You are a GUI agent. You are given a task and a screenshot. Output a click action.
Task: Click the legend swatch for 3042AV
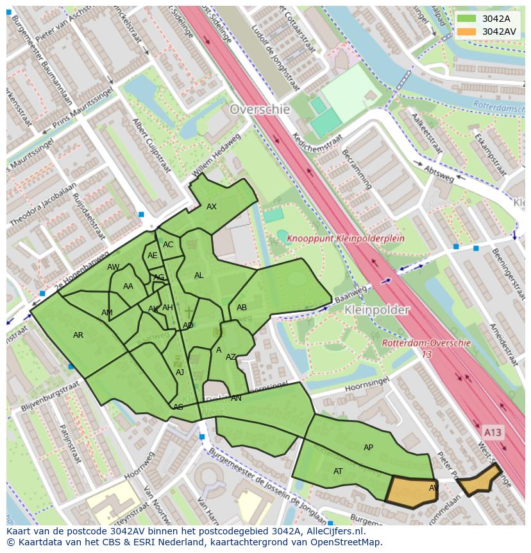click(x=468, y=31)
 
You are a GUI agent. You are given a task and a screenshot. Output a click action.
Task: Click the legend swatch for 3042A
click(x=468, y=19)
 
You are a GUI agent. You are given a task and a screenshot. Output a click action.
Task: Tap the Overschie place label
click(x=260, y=109)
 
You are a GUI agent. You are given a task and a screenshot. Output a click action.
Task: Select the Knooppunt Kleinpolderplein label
click(x=336, y=238)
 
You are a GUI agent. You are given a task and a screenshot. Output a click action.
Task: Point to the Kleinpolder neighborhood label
click(x=376, y=310)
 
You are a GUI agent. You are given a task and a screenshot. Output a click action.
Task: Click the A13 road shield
click(x=493, y=432)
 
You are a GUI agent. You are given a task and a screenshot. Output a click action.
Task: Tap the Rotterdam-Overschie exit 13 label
click(x=426, y=348)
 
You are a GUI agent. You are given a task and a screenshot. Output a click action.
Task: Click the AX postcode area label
click(x=212, y=207)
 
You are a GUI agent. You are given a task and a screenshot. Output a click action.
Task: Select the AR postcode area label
click(x=78, y=335)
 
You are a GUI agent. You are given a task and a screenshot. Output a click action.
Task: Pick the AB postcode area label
click(x=242, y=308)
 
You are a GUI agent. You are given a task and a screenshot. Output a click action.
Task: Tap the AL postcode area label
click(x=199, y=276)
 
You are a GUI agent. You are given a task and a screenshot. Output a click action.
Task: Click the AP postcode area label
click(x=368, y=448)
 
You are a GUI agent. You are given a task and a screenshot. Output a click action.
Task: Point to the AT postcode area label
click(x=338, y=471)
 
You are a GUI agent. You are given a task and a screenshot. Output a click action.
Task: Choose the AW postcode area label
click(x=113, y=267)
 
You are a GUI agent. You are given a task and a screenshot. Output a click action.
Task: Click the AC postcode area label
click(x=168, y=245)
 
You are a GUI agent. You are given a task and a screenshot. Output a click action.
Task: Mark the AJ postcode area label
click(x=180, y=373)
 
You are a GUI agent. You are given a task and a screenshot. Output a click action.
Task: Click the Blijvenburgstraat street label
click(x=55, y=398)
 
